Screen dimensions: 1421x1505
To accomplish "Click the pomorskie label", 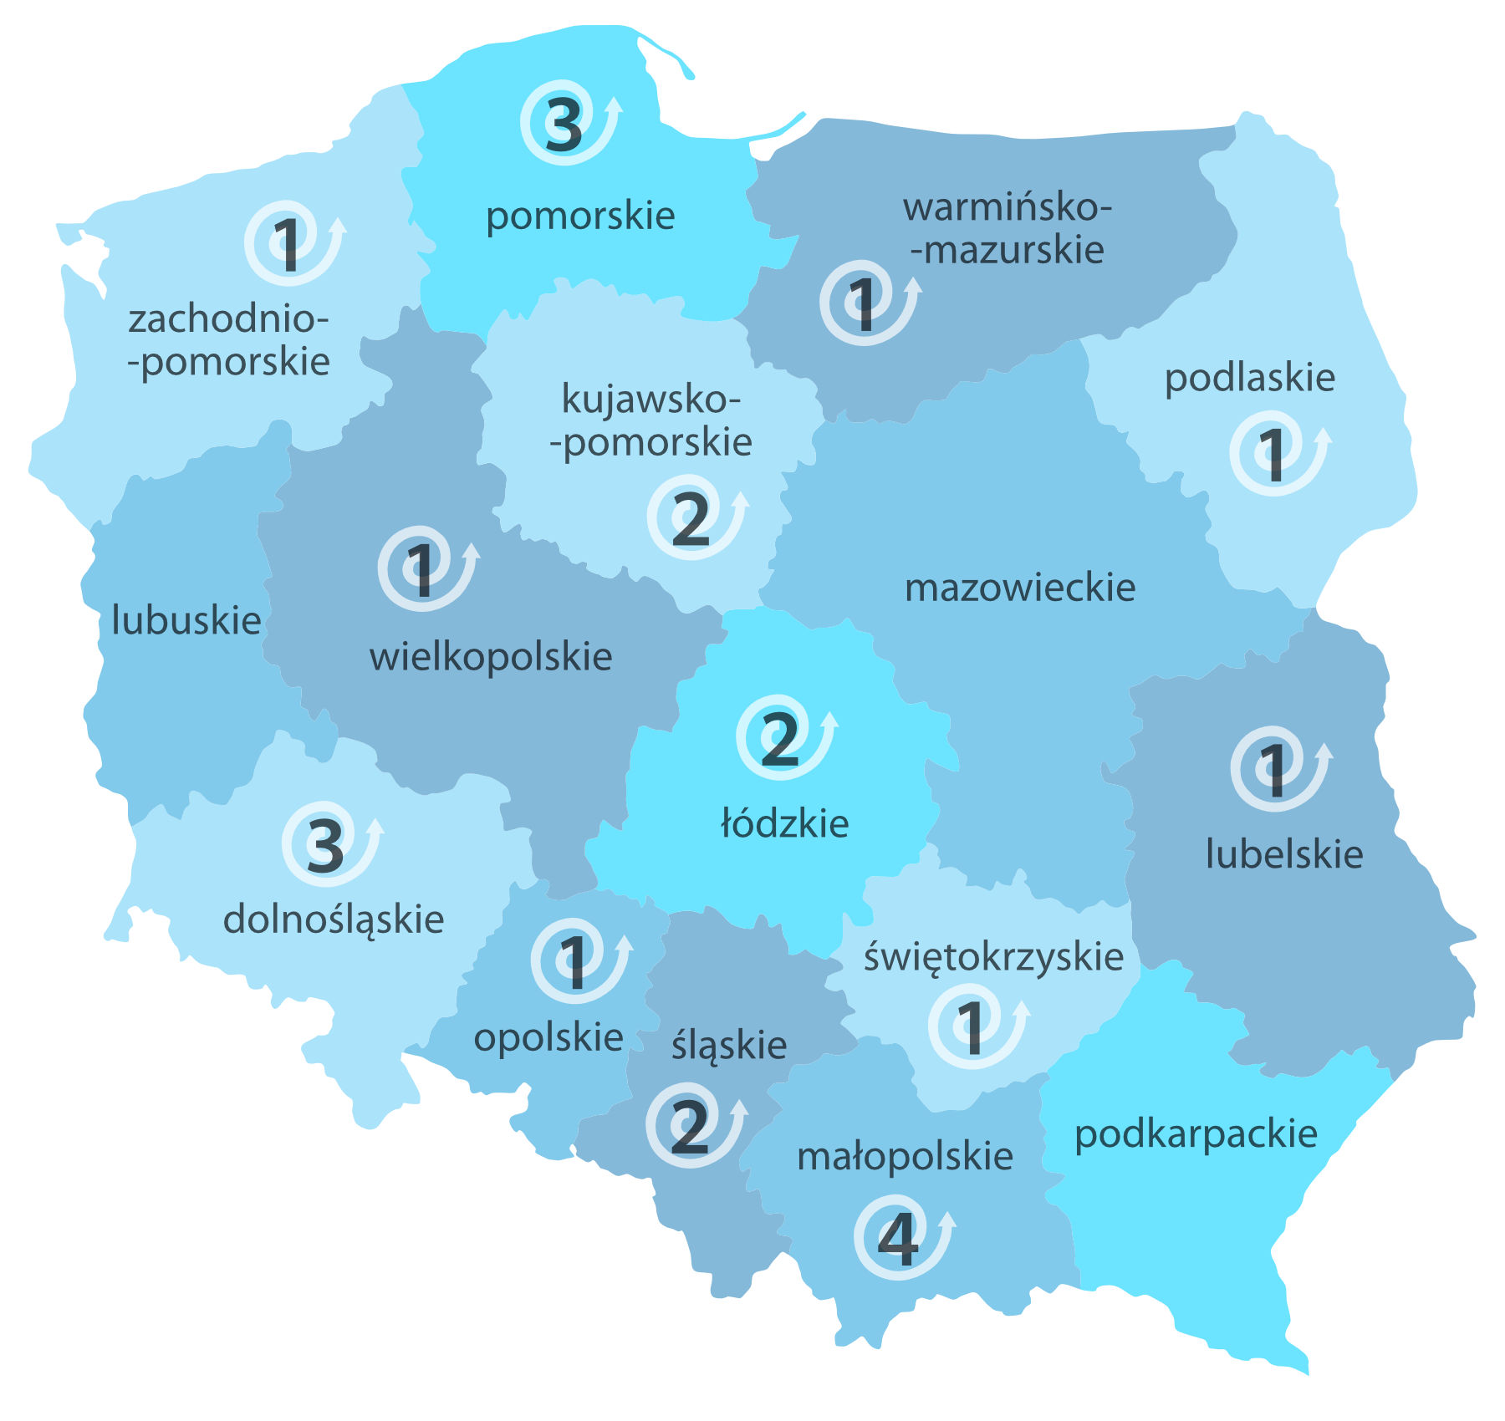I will point(580,216).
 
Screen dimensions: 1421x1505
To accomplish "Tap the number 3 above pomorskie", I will point(564,125).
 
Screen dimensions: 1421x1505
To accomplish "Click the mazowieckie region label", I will point(1020,588).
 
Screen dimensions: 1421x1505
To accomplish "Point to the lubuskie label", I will point(186,621).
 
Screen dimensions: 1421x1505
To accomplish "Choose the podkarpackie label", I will point(1196,1135).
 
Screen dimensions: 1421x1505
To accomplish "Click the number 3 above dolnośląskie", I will point(325,846).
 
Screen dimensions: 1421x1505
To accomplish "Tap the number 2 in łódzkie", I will point(779,739).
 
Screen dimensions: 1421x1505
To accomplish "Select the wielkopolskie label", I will point(491,657).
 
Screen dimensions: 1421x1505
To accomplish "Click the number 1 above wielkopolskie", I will point(420,570).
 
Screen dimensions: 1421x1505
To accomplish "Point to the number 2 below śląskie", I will point(690,1128).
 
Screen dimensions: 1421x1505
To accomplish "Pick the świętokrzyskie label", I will point(993,958).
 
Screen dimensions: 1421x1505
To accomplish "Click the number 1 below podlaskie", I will point(1273,456).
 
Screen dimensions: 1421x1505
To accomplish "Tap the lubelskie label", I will point(1283,854).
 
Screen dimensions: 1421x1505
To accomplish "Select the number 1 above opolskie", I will point(574,962).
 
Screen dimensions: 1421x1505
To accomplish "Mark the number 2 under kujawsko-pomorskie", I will point(691,519).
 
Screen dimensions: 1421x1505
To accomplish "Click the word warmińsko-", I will point(1008,207).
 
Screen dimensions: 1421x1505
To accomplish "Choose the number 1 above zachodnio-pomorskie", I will point(288,245).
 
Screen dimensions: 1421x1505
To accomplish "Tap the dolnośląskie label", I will point(333,920).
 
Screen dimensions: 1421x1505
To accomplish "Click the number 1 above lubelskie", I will point(1273,770).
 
